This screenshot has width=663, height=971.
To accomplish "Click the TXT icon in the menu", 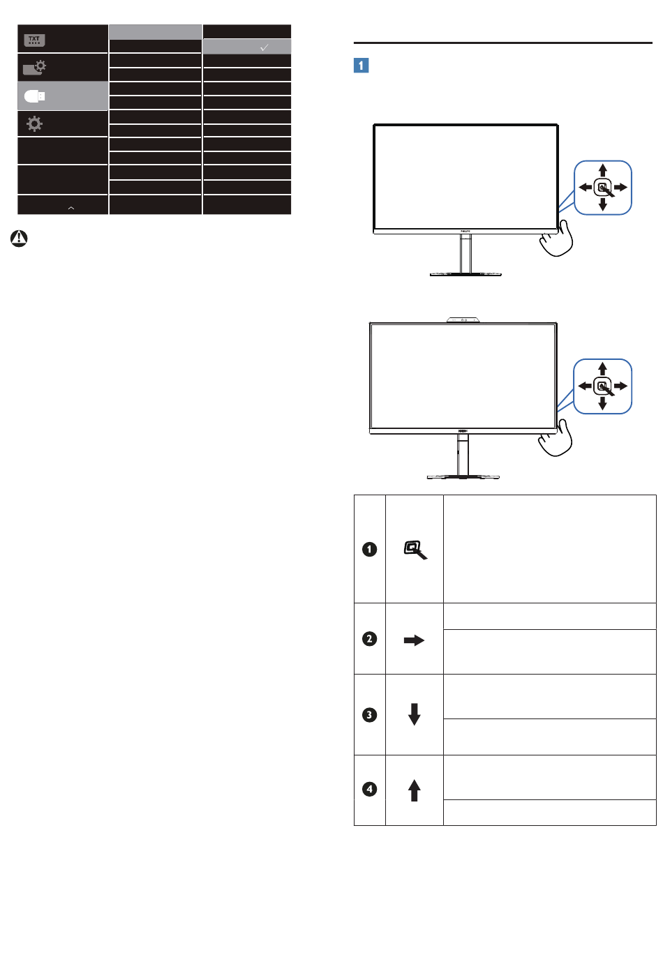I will point(34,40).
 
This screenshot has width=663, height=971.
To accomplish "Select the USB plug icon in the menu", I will point(35,96).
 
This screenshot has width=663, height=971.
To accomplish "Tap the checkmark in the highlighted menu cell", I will point(264,47).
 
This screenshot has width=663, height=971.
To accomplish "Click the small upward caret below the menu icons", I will point(71,208).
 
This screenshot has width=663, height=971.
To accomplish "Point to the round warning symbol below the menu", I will point(19,239).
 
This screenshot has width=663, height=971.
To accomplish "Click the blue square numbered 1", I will point(361,66).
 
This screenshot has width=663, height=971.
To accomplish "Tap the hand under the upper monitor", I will point(556,239).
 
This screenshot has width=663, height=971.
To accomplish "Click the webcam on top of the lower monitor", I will point(463,320).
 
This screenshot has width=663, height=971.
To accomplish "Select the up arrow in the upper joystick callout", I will point(603,170).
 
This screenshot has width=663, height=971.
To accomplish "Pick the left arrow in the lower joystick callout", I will point(585,386).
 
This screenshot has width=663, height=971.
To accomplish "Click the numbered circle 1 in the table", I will point(370,550).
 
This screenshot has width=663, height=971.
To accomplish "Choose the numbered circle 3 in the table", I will point(370,715).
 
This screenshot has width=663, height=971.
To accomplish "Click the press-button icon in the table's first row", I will point(415,550).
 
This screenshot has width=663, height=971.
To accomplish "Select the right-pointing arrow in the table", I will point(414,640).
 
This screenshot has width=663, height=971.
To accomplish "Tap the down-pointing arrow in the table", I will point(415,714).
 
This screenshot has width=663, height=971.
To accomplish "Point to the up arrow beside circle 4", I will point(415,790).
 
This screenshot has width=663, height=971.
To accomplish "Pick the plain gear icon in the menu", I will point(34,124).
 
